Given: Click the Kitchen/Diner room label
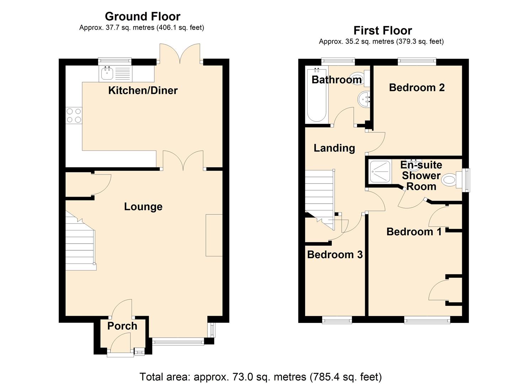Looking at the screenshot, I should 143,90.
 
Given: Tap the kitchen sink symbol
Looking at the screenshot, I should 107,74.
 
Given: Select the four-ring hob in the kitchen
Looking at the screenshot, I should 74,116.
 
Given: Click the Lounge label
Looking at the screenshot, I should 143,207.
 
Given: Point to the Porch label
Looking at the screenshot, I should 122,326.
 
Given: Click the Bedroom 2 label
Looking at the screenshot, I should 417,87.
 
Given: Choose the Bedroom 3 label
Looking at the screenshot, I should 335,255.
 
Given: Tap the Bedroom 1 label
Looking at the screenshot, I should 414,232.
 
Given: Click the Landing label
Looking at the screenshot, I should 334,148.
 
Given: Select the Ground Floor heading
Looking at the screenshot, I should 143,16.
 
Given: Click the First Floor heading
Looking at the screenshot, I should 383,31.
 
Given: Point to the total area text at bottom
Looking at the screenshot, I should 261,377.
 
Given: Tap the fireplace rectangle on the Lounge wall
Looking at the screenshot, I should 214,235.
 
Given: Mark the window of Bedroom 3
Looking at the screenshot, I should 337,320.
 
